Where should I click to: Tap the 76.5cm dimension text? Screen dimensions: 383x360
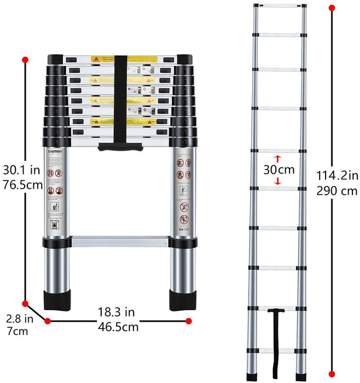[x=21, y=185]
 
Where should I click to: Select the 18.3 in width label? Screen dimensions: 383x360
[x=116, y=312]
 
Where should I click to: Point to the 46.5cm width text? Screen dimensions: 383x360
[x=116, y=327]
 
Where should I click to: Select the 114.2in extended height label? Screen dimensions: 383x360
[x=338, y=176]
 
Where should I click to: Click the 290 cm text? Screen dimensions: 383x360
[x=338, y=191]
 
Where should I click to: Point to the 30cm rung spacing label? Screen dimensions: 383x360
[x=277, y=170]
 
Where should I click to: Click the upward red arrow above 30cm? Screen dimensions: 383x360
[x=277, y=159]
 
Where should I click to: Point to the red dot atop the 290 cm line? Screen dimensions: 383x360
[x=332, y=8]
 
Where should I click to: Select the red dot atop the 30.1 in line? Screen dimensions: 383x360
[x=25, y=60]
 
